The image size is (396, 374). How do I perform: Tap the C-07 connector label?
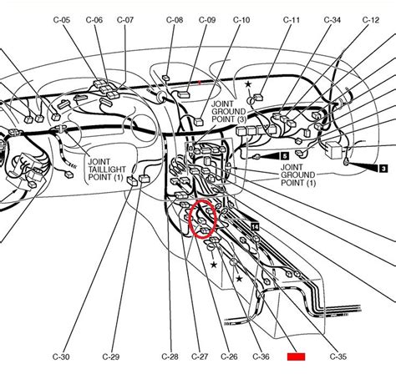point(124,18)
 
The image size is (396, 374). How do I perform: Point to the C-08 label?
point(174,18)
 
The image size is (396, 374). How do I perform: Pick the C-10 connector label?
point(241,18)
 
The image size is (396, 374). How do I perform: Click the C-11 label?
point(292,18)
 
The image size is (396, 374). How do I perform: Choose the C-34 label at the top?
point(333,18)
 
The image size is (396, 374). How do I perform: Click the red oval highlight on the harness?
point(203,220)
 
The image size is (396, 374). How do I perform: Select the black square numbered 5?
point(283,155)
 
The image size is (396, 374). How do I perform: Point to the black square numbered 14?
point(255,226)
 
